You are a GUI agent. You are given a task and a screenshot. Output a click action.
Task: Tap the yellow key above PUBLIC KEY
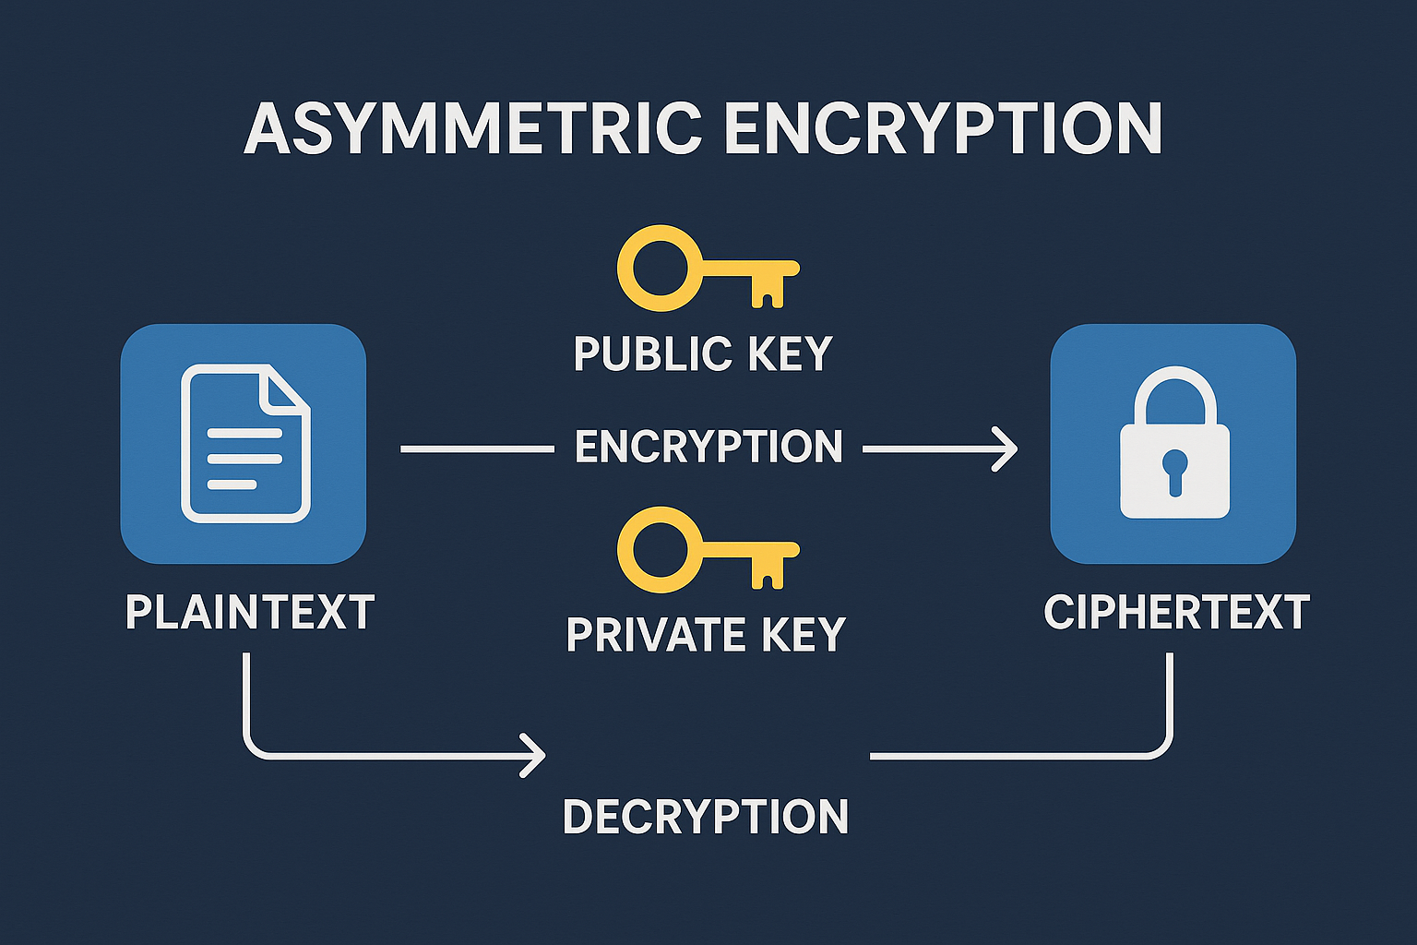[707, 269]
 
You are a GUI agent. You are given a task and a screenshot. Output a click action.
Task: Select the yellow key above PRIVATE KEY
[707, 550]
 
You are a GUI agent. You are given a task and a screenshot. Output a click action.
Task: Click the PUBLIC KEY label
[703, 354]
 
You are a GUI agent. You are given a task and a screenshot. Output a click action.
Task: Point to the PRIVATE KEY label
[706, 635]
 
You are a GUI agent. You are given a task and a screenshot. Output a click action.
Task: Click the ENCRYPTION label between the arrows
[708, 448]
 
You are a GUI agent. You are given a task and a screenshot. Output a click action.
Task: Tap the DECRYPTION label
[706, 818]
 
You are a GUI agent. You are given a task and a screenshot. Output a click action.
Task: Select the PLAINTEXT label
[250, 613]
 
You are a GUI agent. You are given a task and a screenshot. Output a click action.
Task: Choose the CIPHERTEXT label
[1176, 613]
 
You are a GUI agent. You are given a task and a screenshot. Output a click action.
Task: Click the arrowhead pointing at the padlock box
[1006, 449]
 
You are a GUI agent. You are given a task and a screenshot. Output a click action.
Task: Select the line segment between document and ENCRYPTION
[476, 449]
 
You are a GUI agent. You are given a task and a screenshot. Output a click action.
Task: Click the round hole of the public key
[660, 268]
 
